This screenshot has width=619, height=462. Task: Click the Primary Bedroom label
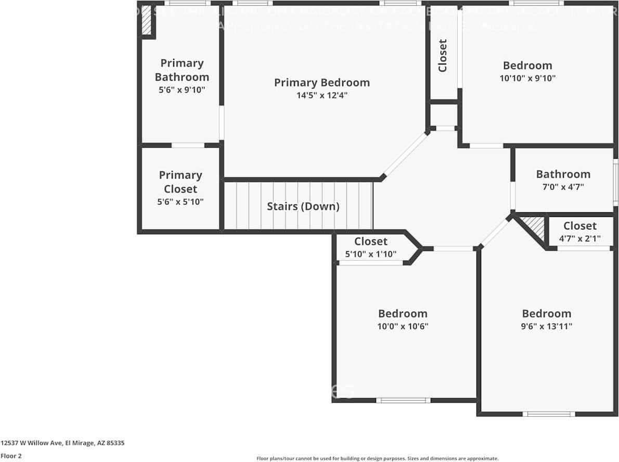click(x=321, y=83)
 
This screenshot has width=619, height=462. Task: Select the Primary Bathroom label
click(x=182, y=70)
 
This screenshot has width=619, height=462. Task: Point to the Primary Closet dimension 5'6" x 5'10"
click(x=180, y=201)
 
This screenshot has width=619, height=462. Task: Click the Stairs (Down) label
click(x=303, y=207)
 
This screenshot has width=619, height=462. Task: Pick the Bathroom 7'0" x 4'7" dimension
click(x=563, y=187)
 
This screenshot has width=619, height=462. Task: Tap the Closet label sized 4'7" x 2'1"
click(x=579, y=226)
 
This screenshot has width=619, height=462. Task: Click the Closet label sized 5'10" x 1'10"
click(x=370, y=241)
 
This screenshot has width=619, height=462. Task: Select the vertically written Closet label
click(x=443, y=56)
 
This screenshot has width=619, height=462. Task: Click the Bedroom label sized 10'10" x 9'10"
click(x=527, y=66)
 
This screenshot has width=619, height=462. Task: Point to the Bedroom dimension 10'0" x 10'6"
click(x=403, y=326)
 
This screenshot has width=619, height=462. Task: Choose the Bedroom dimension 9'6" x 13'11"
click(x=546, y=326)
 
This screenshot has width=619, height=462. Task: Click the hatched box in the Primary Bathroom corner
click(x=146, y=21)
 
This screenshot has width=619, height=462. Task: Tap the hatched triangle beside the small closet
click(x=535, y=227)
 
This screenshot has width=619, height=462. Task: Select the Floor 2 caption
click(x=11, y=456)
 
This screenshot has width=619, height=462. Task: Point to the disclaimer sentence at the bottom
click(x=377, y=458)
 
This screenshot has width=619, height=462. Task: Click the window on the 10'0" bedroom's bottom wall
click(x=403, y=400)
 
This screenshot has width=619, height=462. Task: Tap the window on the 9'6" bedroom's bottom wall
click(x=548, y=414)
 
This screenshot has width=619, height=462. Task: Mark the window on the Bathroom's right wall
click(x=615, y=181)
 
